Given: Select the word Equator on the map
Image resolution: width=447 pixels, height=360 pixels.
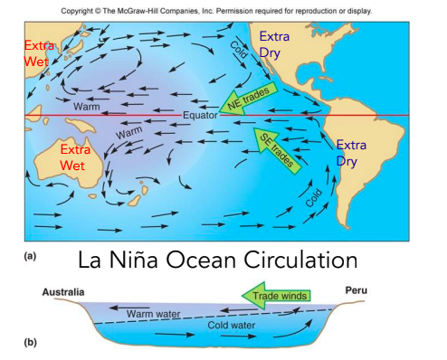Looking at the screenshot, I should tap(200, 116).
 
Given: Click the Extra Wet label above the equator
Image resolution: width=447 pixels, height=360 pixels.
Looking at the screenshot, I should tap(39, 53).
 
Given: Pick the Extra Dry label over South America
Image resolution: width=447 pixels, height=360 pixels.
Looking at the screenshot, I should tap(352, 153).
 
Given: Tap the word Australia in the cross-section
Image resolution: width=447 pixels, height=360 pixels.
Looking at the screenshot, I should tap(63, 291).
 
